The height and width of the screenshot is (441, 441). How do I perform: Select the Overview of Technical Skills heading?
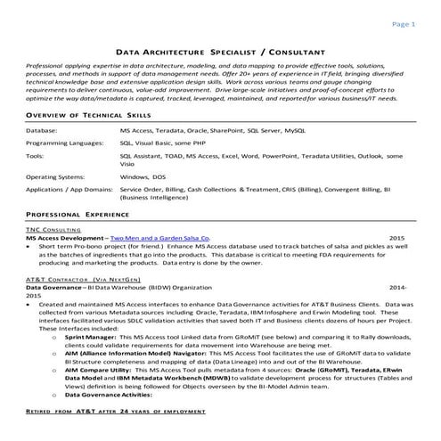pos(81,117)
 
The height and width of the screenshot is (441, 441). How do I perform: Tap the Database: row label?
pos(43,130)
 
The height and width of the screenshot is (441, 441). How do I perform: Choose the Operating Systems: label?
pos(58,176)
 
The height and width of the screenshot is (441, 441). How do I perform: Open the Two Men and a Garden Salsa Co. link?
pos(160,239)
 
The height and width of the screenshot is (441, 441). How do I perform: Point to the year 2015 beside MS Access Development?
pos(396,239)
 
